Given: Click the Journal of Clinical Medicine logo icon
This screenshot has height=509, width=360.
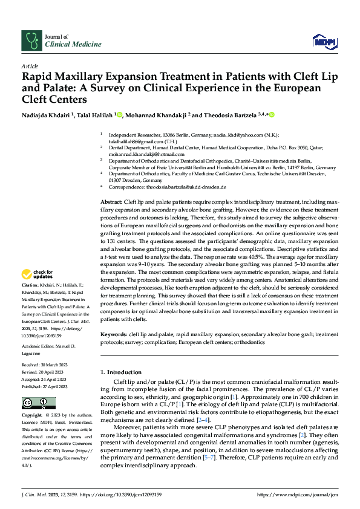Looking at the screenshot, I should pos(30,41).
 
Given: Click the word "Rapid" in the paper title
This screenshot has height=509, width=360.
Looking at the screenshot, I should pos(37,77).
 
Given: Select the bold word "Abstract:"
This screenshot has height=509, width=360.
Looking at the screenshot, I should pos(111,201).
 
